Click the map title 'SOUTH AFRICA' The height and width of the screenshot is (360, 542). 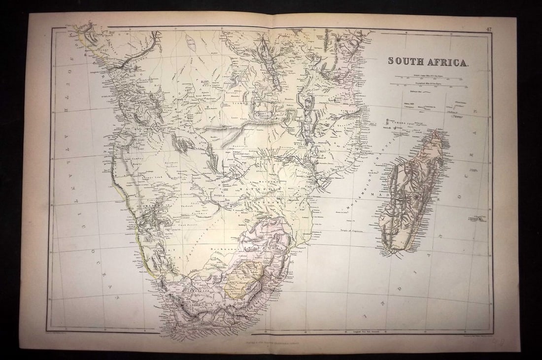coord(428,61)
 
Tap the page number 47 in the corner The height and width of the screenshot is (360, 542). coord(488,30)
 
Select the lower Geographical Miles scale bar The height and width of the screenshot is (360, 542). coord(429,85)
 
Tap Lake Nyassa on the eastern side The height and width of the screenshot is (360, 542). coord(308,118)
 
